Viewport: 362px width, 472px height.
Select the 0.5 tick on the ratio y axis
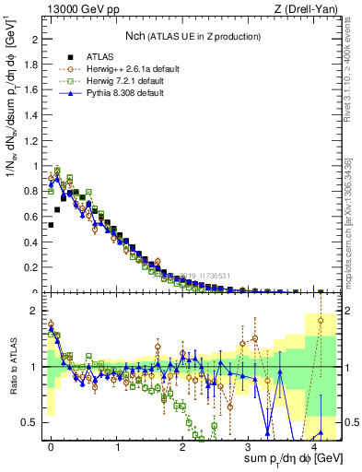(30, 422)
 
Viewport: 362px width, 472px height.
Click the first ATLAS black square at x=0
(51, 224)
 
